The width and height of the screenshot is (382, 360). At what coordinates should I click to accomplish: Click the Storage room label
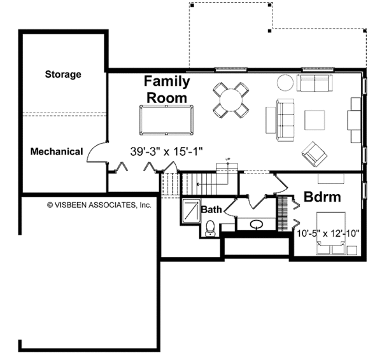tap(63, 74)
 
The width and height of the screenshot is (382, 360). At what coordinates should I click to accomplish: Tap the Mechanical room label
tap(57, 151)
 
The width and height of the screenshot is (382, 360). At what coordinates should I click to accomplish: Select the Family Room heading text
tap(167, 90)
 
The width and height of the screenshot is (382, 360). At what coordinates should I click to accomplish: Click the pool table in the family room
tap(166, 120)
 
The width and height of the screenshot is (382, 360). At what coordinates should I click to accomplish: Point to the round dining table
tap(231, 100)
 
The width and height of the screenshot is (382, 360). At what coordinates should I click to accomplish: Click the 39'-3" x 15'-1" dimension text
tap(167, 151)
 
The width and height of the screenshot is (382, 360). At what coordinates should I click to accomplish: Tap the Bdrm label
tap(322, 197)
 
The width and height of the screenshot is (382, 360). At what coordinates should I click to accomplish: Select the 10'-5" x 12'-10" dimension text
tap(328, 233)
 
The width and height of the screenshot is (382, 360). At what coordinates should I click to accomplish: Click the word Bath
tap(211, 209)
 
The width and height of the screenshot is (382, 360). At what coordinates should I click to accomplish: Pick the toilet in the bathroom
tap(209, 228)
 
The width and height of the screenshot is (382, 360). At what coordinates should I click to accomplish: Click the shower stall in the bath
tap(191, 211)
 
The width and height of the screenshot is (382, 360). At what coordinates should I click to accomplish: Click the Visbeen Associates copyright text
tap(99, 205)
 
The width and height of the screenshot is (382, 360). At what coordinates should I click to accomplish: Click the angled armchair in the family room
tap(315, 154)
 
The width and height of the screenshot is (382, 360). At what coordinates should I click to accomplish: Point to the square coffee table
tap(315, 120)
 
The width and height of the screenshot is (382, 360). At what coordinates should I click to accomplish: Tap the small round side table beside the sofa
tap(285, 83)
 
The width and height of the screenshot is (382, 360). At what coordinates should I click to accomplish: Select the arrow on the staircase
tap(213, 184)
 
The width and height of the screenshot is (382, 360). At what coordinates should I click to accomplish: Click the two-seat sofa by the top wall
tap(315, 83)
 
